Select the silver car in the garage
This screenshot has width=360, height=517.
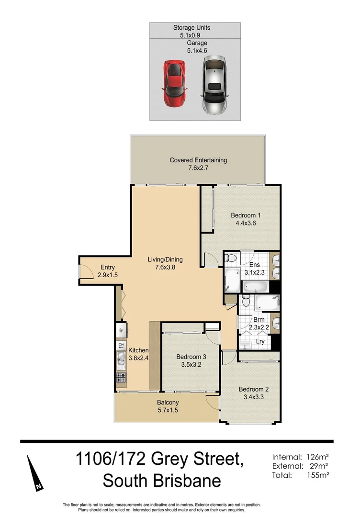click(214, 85)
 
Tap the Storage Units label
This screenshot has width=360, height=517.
click(191, 28)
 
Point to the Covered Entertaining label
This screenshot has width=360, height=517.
click(198, 160)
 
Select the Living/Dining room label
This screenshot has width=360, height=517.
click(165, 260)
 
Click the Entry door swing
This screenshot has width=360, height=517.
click(86, 271)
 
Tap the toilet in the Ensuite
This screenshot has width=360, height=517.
click(231, 258)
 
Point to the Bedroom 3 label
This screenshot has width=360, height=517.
click(191, 357)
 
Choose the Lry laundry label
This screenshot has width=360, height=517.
click(260, 341)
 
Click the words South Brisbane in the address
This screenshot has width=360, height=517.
click(162, 480)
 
